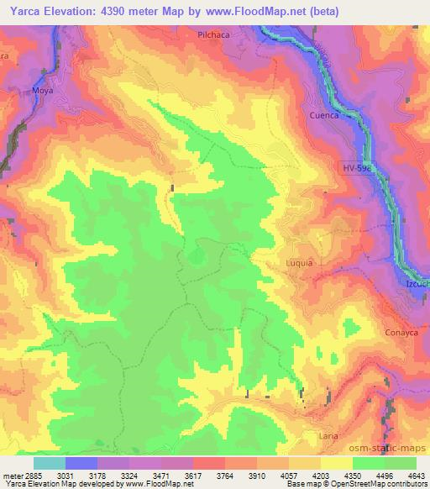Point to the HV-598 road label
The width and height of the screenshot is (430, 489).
pyautogui.click(x=357, y=167)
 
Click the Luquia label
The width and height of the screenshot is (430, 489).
pyautogui.click(x=298, y=263)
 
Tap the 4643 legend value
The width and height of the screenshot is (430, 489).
pyautogui.click(x=417, y=475)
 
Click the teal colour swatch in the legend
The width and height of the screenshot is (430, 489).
pyautogui.click(x=50, y=463)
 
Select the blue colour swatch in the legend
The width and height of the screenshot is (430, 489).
pyautogui.click(x=81, y=463)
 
